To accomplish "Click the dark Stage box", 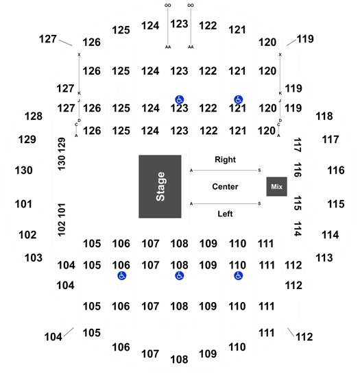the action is pyautogui.click(x=160, y=186).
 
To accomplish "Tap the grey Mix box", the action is pyautogui.click(x=276, y=186).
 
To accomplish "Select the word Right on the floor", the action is pyautogui.click(x=225, y=160).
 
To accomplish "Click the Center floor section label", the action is pyautogui.click(x=225, y=186).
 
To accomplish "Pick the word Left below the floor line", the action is pyautogui.click(x=225, y=214).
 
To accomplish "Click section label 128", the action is pyautogui.click(x=34, y=116).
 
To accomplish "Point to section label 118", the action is pyautogui.click(x=324, y=116).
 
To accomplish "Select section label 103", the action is pyautogui.click(x=34, y=258).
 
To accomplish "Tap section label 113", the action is pyautogui.click(x=324, y=258).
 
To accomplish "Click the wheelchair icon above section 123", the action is pyautogui.click(x=179, y=99).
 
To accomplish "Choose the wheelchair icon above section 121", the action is pyautogui.click(x=238, y=99).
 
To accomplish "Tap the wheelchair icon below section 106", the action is pyautogui.click(x=122, y=276).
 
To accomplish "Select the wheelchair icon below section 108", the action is pyautogui.click(x=179, y=276).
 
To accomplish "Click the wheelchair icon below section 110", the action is pyautogui.click(x=238, y=276).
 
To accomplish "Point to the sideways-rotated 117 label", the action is pyautogui.click(x=298, y=145).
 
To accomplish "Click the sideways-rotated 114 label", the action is pyautogui.click(x=298, y=229).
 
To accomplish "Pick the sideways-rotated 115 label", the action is pyautogui.click(x=298, y=203).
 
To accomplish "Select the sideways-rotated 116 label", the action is pyautogui.click(x=298, y=170).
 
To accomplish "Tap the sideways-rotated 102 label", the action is pyautogui.click(x=62, y=229).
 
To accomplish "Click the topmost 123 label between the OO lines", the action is pyautogui.click(x=179, y=24).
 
